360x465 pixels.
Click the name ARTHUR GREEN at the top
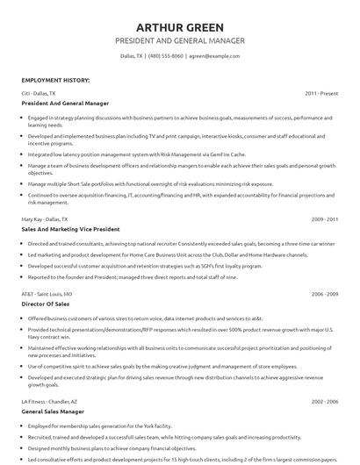(179, 26)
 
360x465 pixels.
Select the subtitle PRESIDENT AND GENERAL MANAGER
(179, 40)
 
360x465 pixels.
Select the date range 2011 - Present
(322, 92)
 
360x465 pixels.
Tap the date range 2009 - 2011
(325, 218)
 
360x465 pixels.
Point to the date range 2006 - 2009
(325, 295)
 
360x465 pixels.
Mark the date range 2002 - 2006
(325, 401)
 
